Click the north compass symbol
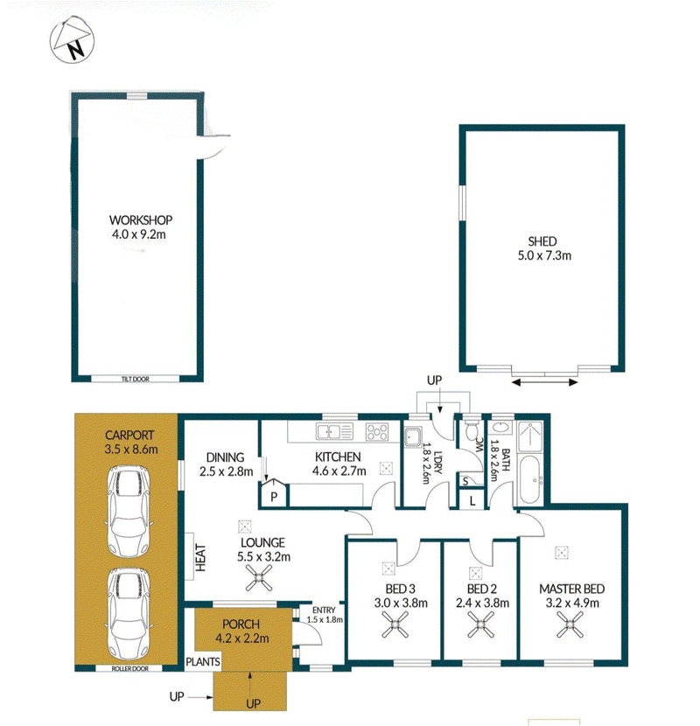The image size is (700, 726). (72, 40)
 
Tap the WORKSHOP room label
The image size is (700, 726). (140, 220)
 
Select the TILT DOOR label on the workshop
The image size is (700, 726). (136, 380)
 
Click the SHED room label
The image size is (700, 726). (542, 241)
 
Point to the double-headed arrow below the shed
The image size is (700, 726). (545, 382)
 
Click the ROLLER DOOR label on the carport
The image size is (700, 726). (130, 668)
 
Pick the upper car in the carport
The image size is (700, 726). (129, 513)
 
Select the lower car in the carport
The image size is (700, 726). (129, 614)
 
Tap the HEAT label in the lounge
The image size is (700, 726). (200, 557)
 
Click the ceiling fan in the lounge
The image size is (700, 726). (259, 578)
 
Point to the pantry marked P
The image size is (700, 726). (273, 493)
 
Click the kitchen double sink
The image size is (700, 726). (333, 431)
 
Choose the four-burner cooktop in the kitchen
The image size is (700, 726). (377, 432)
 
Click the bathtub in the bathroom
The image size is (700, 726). (531, 480)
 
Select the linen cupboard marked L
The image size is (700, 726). (472, 500)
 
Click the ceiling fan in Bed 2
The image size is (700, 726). (480, 625)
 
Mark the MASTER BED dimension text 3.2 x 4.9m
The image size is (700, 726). (572, 604)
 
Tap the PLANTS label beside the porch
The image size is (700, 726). (203, 662)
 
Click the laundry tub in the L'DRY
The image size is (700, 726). (412, 437)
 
